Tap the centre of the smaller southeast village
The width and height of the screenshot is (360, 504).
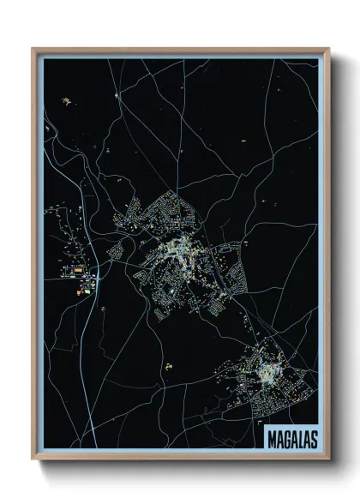273,371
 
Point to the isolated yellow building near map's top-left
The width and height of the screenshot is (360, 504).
66,102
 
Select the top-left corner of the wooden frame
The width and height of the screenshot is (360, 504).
33,49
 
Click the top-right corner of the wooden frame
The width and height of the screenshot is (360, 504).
328,49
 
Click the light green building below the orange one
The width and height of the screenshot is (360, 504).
80,292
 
